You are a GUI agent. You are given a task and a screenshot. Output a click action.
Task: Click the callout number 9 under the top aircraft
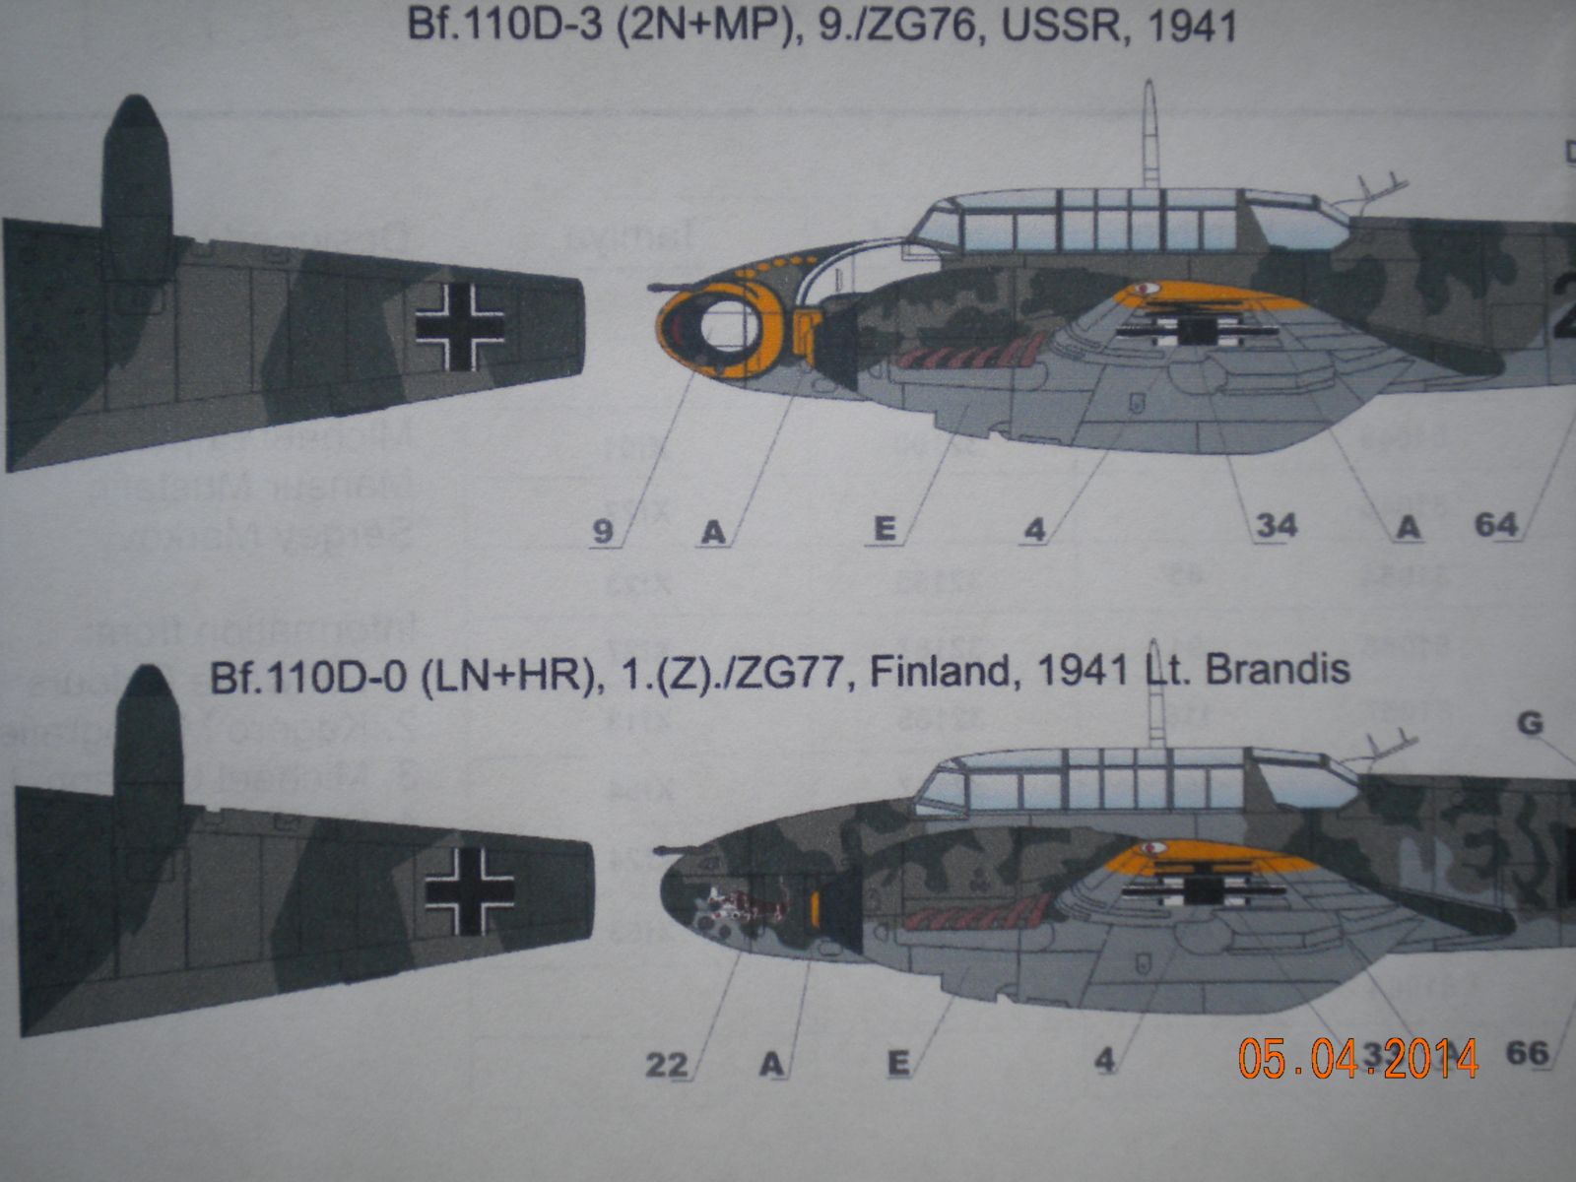click(603, 533)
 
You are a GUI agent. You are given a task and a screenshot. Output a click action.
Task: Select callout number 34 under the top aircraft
click(1276, 526)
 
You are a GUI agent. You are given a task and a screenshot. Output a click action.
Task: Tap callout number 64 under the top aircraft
click(1496, 525)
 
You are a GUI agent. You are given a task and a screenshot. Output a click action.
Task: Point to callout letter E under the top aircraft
click(885, 530)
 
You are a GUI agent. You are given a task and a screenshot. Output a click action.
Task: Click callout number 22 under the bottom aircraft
click(666, 1064)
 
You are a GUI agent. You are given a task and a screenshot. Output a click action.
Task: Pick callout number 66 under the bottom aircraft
click(1528, 1053)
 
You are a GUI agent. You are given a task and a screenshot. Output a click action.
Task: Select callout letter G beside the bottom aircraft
click(1530, 724)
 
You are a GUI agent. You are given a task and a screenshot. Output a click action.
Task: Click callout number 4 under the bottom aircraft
click(1105, 1061)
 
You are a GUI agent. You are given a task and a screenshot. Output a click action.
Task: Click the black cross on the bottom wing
click(470, 889)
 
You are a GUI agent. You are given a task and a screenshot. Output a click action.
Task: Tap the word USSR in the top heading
click(1055, 25)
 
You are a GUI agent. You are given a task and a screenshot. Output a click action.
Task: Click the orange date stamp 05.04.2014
click(1358, 1058)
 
